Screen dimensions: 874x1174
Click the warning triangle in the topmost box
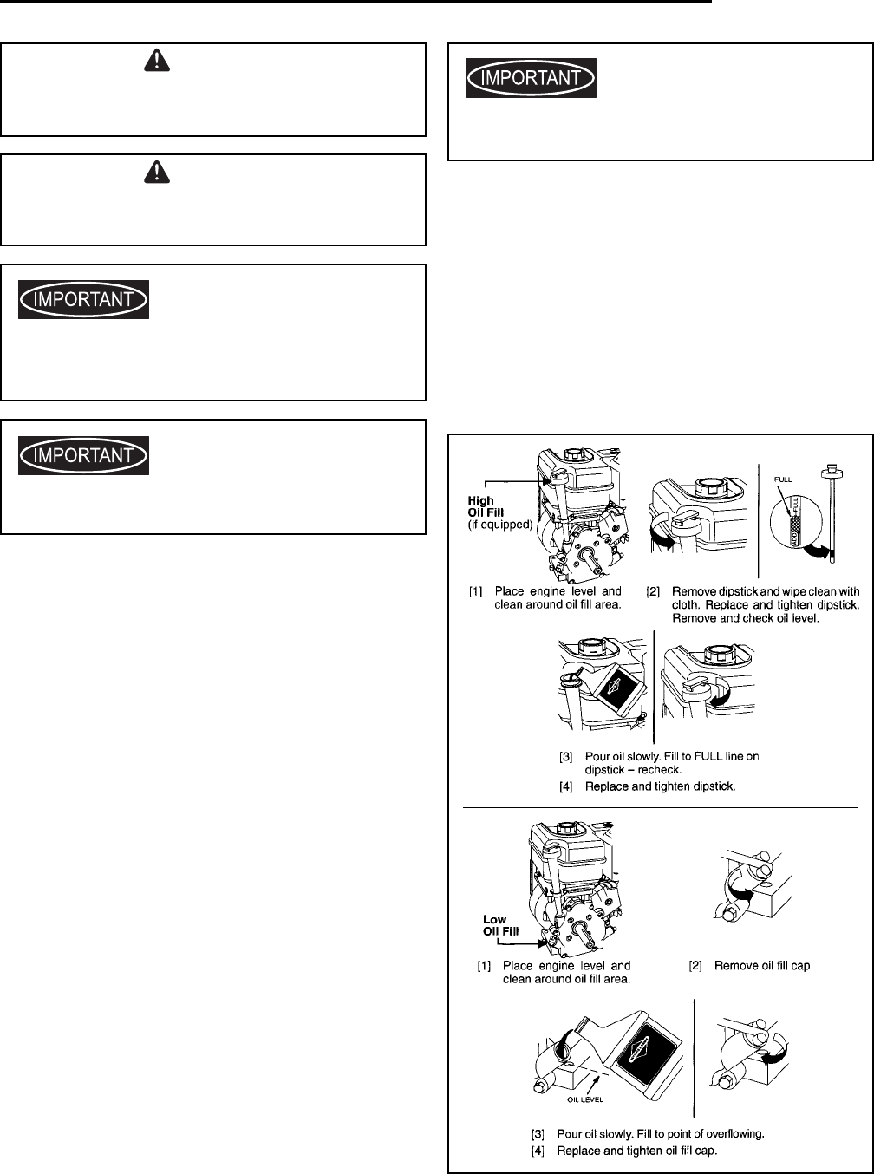click(x=156, y=59)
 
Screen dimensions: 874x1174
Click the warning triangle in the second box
click(x=156, y=172)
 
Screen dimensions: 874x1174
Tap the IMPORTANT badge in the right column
click(x=532, y=78)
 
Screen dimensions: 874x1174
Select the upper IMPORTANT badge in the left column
click(x=84, y=299)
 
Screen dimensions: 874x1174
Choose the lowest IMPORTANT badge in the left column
click(x=84, y=455)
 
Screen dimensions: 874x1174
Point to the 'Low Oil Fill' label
click(x=500, y=925)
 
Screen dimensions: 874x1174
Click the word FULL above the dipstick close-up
click(x=782, y=479)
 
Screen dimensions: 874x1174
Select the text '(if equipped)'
click(x=500, y=525)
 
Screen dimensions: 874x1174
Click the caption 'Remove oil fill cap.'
click(x=764, y=965)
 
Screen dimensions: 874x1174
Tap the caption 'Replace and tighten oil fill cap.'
click(x=637, y=1151)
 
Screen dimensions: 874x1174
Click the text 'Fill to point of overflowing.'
click(x=685, y=1133)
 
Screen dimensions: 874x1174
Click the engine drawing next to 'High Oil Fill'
click(x=579, y=516)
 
